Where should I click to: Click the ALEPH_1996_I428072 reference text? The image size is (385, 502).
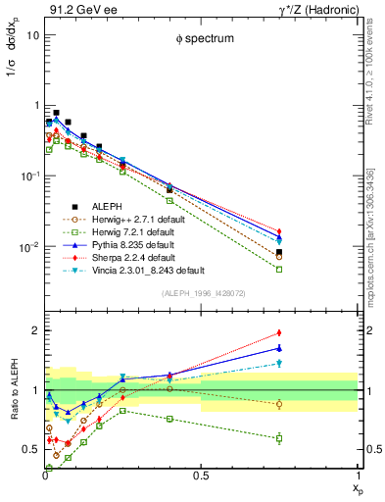point(201,294)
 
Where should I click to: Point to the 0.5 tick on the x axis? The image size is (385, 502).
point(201,477)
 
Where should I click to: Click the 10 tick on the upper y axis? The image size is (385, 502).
point(32,34)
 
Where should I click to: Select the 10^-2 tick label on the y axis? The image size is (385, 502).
point(27,247)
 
